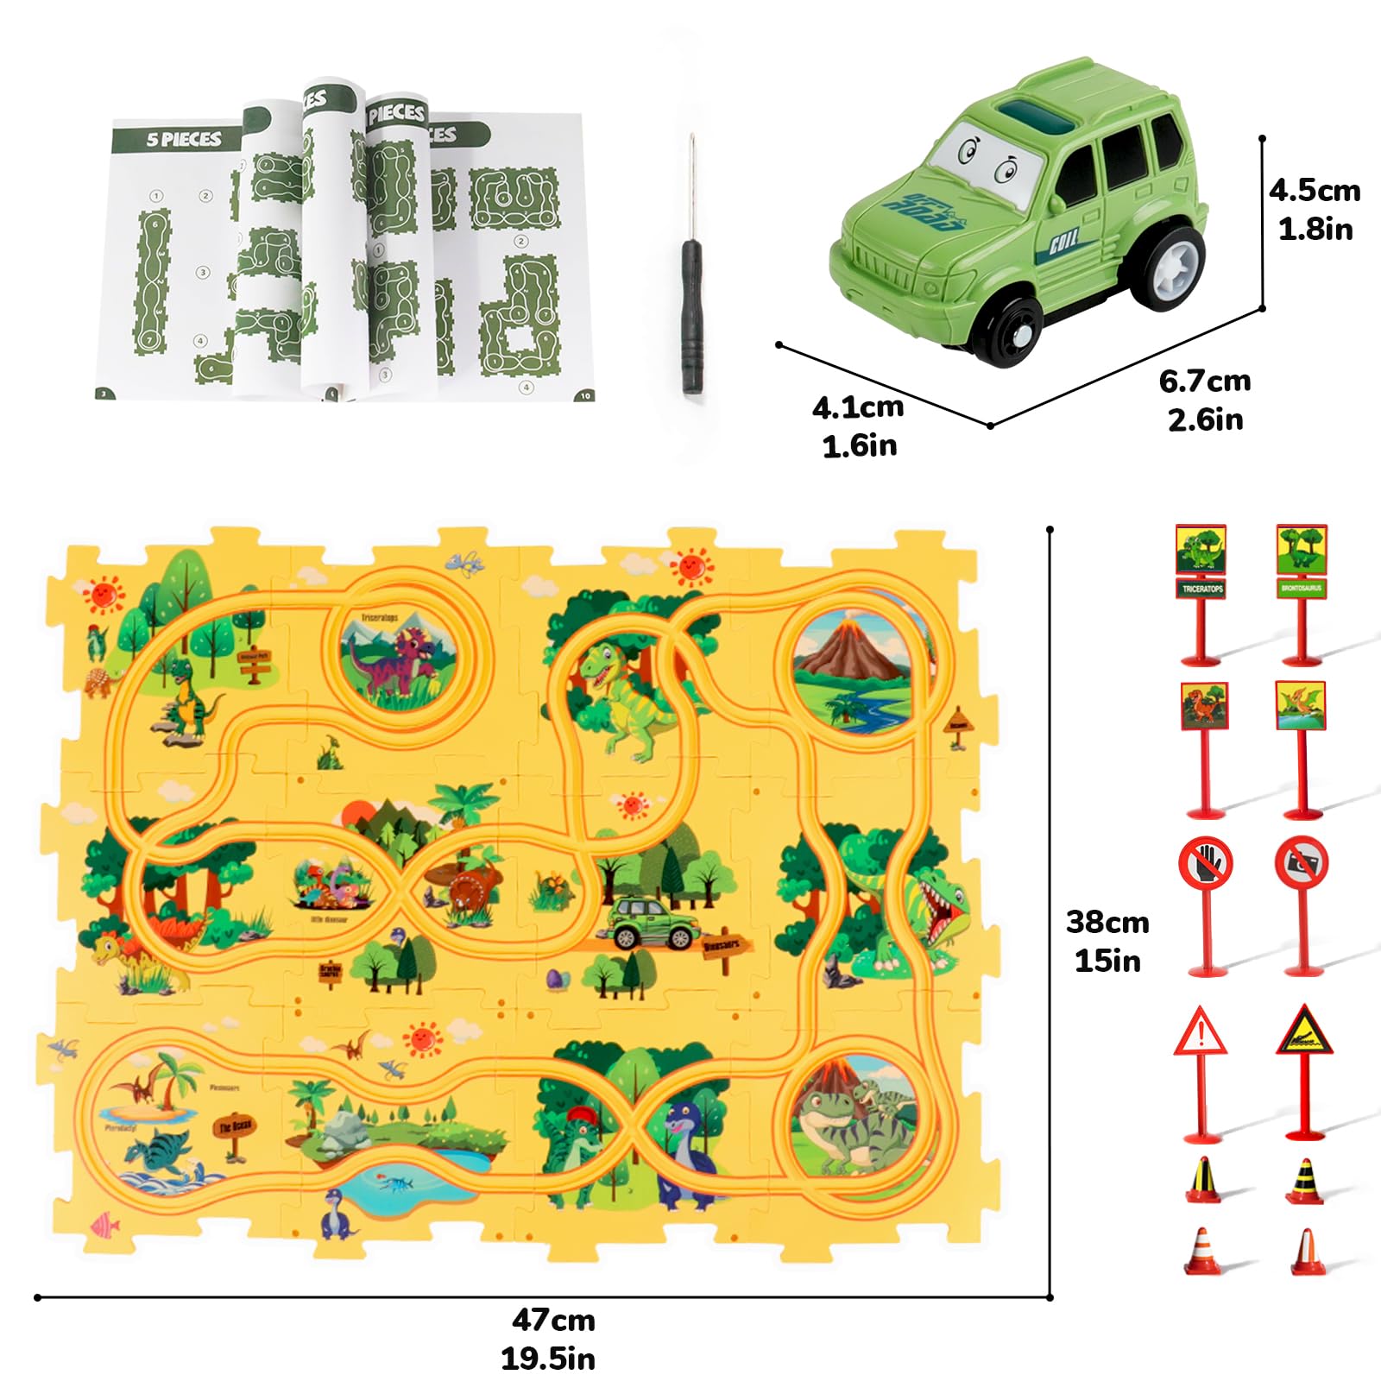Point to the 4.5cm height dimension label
coord(1315,209)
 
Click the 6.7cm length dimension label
coord(1205,400)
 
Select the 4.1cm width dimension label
coord(858,426)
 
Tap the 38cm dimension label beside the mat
coord(1107,941)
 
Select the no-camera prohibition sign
coord(1302,863)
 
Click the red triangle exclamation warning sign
coord(1200,1032)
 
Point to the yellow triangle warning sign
coord(1304,1031)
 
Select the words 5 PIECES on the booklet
coord(183,139)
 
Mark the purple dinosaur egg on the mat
coord(553,979)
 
